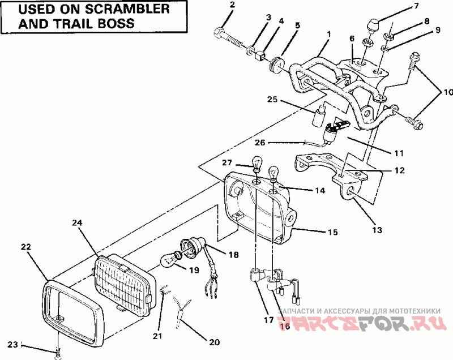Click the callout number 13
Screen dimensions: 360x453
(x=377, y=230)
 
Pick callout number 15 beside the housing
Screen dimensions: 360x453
(x=332, y=232)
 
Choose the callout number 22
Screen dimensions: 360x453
(x=26, y=247)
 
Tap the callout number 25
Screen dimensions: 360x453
(x=273, y=100)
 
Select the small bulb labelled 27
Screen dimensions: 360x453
(x=257, y=165)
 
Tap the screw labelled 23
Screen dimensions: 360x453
(x=58, y=353)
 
